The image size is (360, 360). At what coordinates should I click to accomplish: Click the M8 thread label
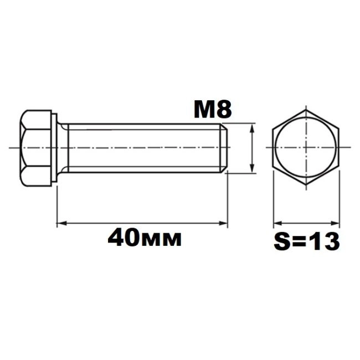pos(213,110)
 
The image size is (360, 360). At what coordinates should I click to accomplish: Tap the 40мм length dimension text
pos(145,238)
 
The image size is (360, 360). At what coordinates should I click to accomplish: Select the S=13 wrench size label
pos(307,241)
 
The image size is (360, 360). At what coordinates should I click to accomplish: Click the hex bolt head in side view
pos(35,148)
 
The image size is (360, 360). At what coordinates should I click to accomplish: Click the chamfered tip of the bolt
pos(224,148)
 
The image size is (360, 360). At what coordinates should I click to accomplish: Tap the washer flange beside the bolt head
pos(54,148)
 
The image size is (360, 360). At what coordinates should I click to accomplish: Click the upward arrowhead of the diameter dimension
pos(252,128)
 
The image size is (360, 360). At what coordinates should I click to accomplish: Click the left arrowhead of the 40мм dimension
pos(61,223)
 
